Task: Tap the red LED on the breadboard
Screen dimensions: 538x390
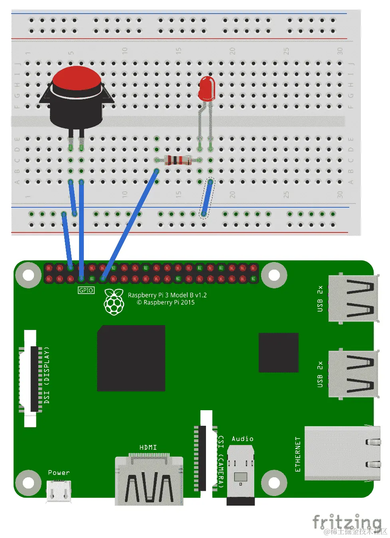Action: (206, 89)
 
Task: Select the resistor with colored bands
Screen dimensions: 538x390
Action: (178, 160)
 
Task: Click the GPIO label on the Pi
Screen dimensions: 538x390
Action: (86, 290)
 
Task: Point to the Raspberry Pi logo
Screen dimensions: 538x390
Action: (114, 302)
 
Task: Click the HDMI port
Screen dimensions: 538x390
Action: (149, 481)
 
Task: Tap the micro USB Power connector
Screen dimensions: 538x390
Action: (59, 491)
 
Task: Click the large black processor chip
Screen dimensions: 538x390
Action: (131, 358)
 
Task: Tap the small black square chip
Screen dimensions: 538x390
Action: (278, 352)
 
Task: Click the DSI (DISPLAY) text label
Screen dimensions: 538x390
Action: (47, 375)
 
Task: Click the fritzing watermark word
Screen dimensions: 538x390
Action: (346, 522)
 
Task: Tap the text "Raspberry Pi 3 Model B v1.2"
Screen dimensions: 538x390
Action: (167, 295)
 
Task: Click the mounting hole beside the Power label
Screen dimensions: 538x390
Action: (28, 482)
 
